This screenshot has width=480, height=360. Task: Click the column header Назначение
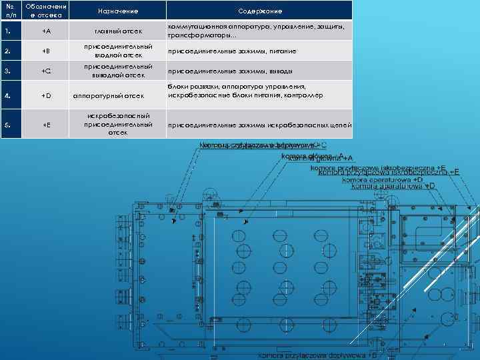click(117, 11)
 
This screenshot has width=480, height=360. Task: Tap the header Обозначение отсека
click(45, 11)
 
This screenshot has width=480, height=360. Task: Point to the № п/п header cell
click(10, 11)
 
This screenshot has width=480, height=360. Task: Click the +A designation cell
click(45, 31)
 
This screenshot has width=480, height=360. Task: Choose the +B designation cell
click(45, 51)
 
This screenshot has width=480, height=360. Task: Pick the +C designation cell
click(45, 71)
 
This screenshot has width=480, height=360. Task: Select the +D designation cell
click(45, 95)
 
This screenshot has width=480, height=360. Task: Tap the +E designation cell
click(45, 124)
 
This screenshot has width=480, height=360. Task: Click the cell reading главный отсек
click(117, 31)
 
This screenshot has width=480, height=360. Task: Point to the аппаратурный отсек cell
click(117, 95)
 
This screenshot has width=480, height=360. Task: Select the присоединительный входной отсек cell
click(117, 51)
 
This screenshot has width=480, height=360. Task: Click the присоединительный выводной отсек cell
click(117, 71)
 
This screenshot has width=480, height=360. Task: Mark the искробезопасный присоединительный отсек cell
click(117, 124)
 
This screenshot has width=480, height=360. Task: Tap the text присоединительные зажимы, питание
click(232, 51)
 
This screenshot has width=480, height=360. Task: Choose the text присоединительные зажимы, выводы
click(230, 71)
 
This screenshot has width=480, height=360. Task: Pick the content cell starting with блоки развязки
click(246, 91)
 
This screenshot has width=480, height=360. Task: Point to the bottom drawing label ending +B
click(318, 355)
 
